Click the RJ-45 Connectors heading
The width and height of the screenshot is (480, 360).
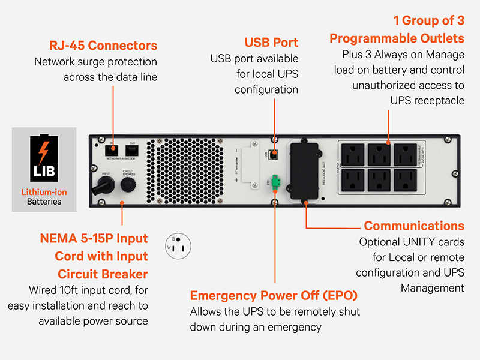click(103, 46)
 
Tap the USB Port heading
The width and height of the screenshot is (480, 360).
click(271, 43)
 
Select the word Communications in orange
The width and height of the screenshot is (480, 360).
click(414, 226)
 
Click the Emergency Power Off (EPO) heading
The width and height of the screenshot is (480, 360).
click(275, 296)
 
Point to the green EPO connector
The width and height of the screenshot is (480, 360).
click(275, 182)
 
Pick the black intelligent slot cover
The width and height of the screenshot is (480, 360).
click(304, 172)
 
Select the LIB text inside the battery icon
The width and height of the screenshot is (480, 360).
click(44, 172)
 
